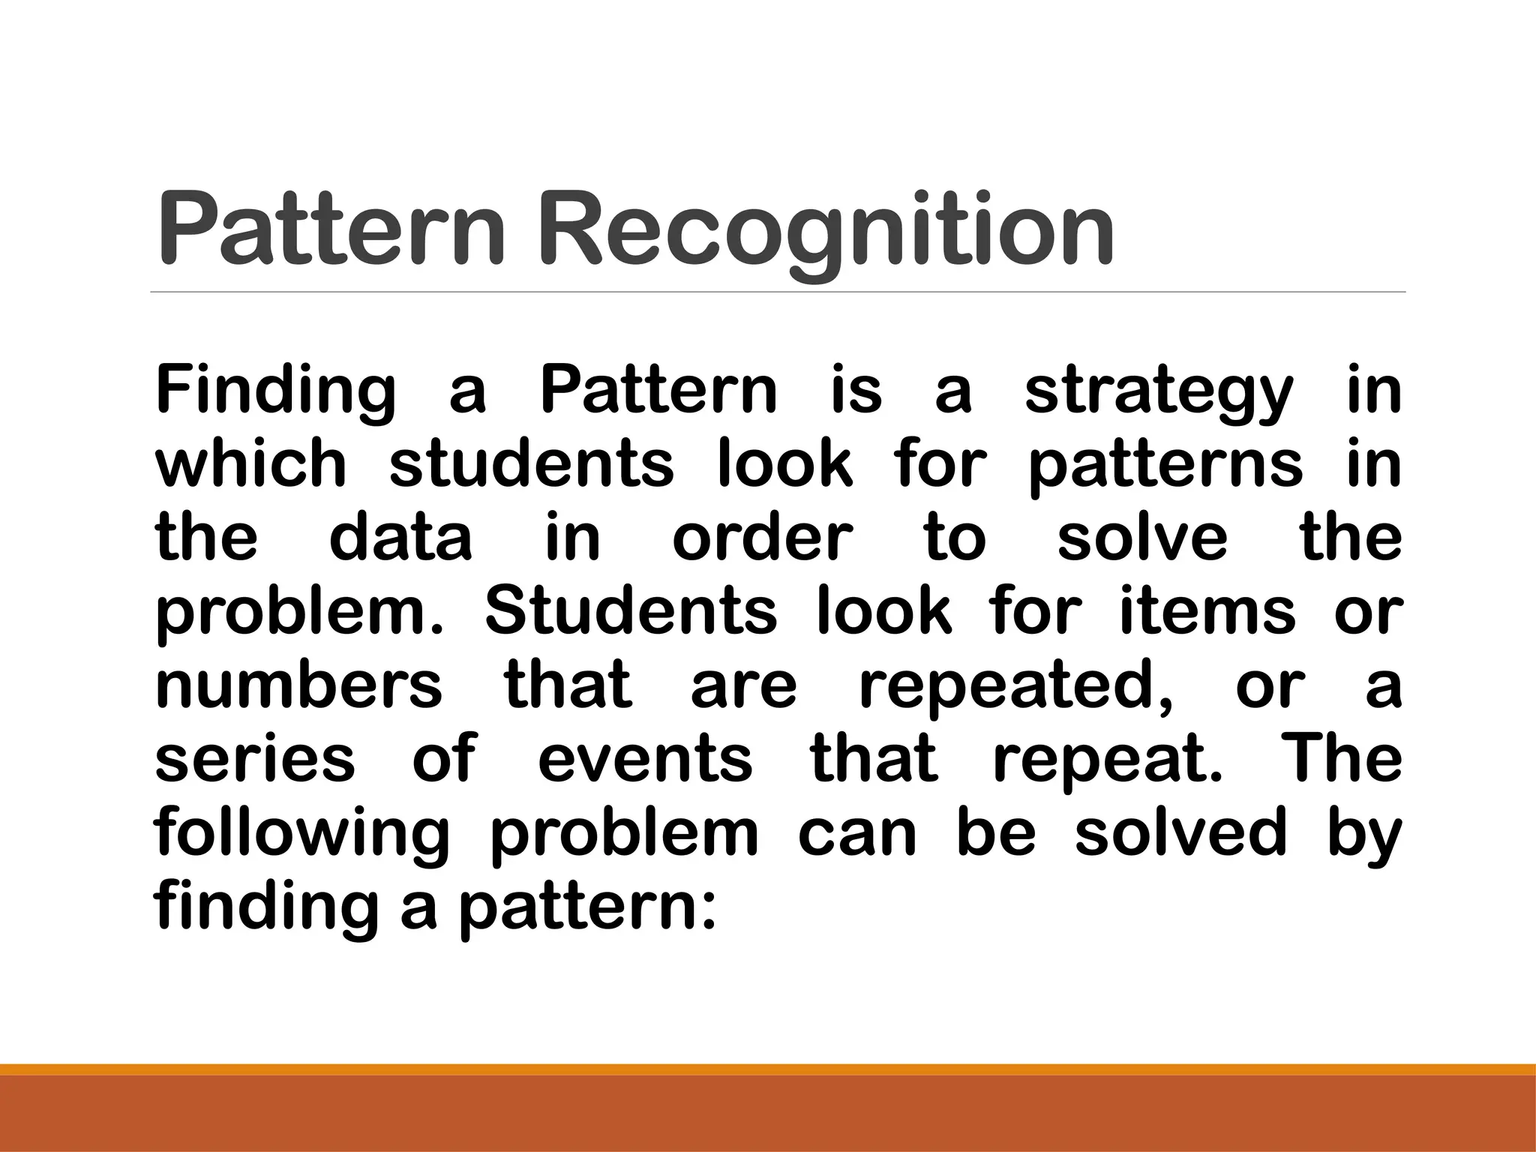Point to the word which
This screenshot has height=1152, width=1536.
250,463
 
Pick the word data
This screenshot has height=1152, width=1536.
400,537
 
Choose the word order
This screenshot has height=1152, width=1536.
762,537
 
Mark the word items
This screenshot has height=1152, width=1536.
1207,610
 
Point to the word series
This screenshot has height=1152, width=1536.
255,757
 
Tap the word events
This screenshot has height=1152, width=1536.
645,757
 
